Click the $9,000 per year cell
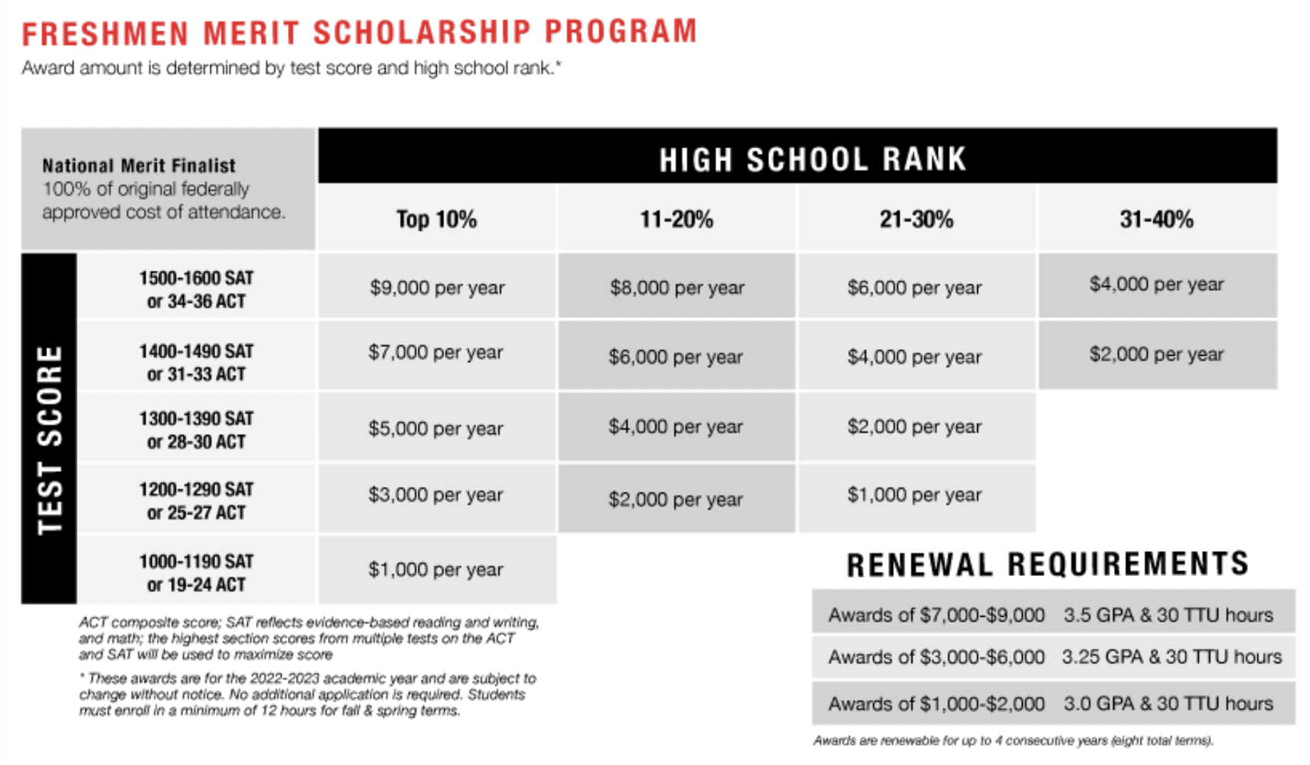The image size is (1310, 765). (436, 287)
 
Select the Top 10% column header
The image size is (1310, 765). (436, 219)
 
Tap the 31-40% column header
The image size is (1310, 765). (1156, 219)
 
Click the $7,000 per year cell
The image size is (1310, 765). (435, 352)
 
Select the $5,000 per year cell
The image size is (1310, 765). (435, 428)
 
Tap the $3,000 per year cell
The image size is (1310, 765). (435, 495)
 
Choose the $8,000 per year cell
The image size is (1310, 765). (676, 287)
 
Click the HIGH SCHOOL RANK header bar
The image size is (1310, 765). (812, 159)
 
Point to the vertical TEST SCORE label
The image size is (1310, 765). (49, 438)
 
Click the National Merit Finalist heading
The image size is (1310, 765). (139, 165)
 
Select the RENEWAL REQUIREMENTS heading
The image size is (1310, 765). (1047, 564)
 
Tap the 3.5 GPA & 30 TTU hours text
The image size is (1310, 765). (1168, 615)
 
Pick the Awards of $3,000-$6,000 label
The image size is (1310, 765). (936, 657)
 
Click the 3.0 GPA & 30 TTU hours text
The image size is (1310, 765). (1168, 704)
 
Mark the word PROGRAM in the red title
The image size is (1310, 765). (621, 32)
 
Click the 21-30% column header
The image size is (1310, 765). (916, 219)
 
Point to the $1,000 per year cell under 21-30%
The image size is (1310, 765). (914, 495)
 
